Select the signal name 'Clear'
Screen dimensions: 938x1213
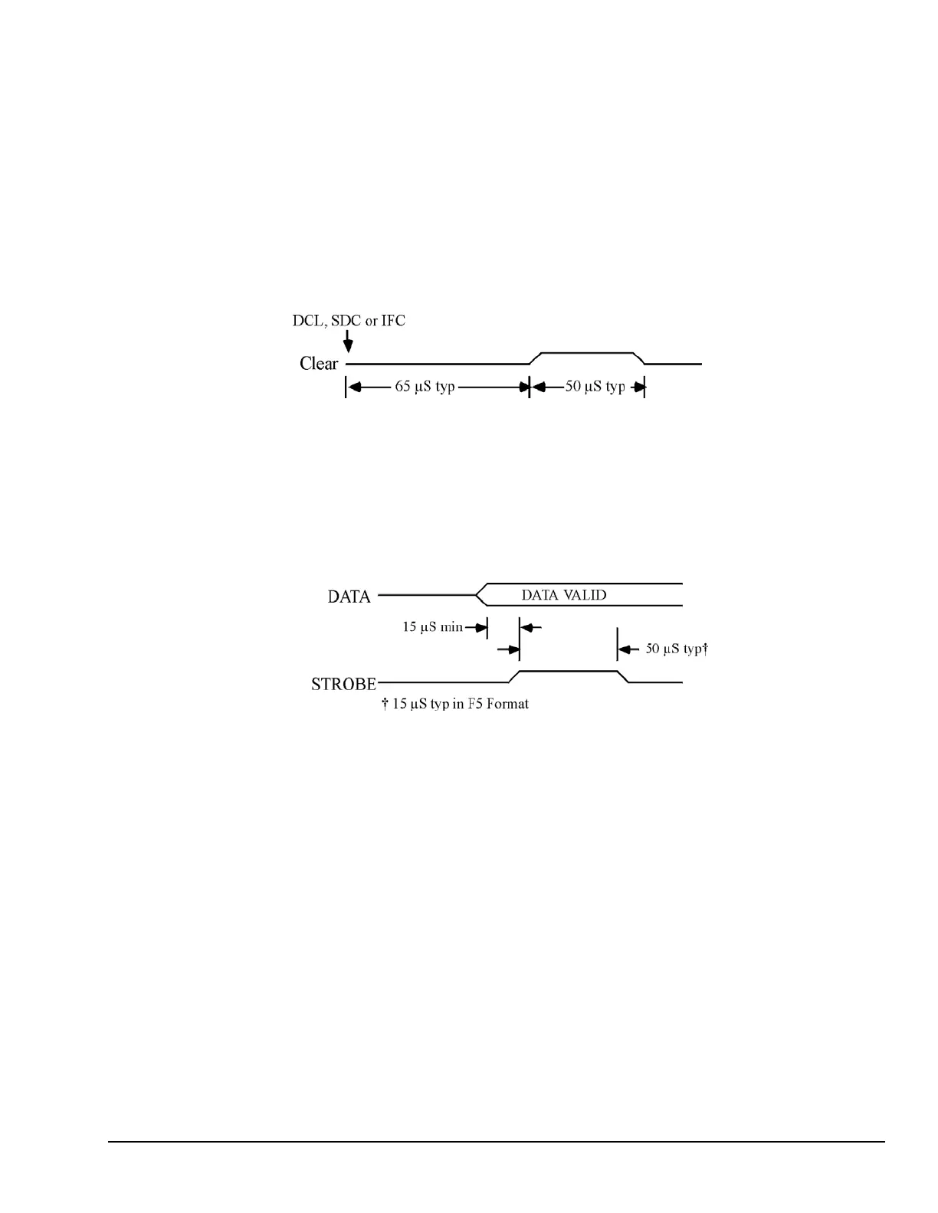319,364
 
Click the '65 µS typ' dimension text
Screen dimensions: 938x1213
425,387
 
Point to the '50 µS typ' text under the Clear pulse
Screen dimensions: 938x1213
595,387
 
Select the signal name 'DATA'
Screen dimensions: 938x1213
349,597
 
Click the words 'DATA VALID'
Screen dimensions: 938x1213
564,594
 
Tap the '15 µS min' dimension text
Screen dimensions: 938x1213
433,627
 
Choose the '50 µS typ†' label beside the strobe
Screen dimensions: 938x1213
675,649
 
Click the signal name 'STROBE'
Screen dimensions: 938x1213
343,684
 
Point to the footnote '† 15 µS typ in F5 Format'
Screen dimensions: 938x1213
455,703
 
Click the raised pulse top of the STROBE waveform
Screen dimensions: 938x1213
569,671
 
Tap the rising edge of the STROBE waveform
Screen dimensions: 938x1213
514,676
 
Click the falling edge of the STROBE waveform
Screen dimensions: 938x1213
623,676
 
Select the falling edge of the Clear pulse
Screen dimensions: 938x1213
639,358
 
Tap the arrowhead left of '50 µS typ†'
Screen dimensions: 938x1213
625,649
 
